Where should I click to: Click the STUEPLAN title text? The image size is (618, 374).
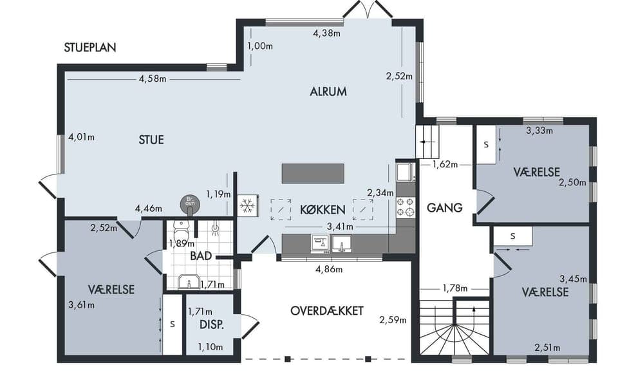coord(90,47)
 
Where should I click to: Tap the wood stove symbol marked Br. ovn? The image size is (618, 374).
coord(190,203)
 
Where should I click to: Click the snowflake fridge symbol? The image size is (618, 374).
coord(247,205)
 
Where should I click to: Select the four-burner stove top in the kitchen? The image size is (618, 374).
coord(406,207)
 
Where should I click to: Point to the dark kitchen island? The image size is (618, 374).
coord(313,173)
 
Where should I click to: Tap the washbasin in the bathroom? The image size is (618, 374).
coord(189,282)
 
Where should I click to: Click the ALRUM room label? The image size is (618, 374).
coord(328,92)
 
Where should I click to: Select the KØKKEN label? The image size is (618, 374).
coord(323,210)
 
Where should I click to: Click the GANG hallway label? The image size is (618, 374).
coord(445,207)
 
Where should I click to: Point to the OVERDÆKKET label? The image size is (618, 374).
coord(327,310)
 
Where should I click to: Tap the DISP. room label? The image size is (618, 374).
coord(212,324)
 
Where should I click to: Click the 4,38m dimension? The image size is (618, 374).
coord(327,33)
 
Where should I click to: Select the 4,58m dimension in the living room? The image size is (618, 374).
coord(153,79)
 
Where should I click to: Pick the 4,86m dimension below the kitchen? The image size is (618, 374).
coord(329,270)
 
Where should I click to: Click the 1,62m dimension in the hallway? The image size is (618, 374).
coord(445,164)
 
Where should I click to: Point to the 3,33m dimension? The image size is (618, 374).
coord(539,131)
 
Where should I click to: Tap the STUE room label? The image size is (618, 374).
coord(151,140)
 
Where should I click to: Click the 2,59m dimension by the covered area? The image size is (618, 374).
coord(393,320)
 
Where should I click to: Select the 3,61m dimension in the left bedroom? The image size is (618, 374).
coord(81,304)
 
